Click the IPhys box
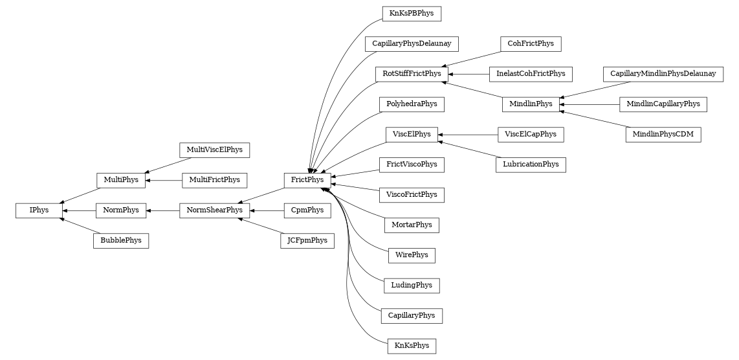click(x=39, y=210)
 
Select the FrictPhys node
click(x=307, y=180)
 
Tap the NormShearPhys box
click(x=214, y=210)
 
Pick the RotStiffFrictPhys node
click(x=411, y=74)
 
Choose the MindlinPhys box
click(x=531, y=104)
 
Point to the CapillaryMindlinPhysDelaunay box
click(x=663, y=74)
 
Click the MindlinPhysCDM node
click(x=663, y=135)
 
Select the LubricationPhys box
click(x=531, y=164)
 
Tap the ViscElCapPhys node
click(x=531, y=135)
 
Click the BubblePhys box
click(x=121, y=241)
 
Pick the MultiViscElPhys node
click(x=214, y=150)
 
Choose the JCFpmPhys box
click(x=307, y=241)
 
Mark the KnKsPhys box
click(x=412, y=346)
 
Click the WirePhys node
click(x=412, y=255)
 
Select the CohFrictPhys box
click(x=531, y=44)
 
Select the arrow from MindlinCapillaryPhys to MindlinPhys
click(x=589, y=104)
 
